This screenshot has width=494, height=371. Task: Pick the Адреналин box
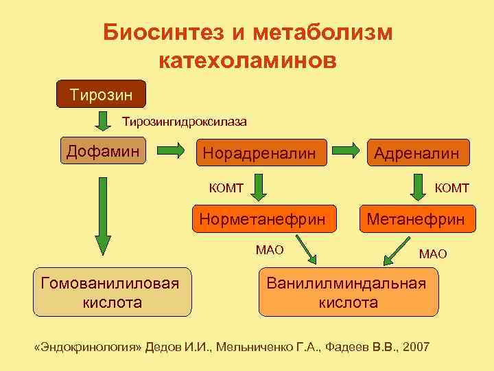pyautogui.click(x=417, y=153)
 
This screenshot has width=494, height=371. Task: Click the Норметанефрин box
pyautogui.click(x=262, y=220)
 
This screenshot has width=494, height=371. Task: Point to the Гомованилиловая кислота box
pyautogui.click(x=113, y=291)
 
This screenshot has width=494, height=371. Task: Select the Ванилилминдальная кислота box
pyautogui.click(x=348, y=292)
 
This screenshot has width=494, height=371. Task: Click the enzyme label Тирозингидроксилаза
pyautogui.click(x=185, y=122)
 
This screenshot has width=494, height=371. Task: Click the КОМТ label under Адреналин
pyautogui.click(x=451, y=187)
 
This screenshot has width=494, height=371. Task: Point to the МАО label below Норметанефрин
pyautogui.click(x=269, y=249)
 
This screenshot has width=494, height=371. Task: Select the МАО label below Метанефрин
pyautogui.click(x=433, y=254)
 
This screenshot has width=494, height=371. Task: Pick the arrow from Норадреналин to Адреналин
pyautogui.click(x=349, y=150)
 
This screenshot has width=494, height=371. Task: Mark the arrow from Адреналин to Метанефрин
pyautogui.click(x=418, y=186)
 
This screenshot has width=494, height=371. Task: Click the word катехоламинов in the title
pyautogui.click(x=248, y=60)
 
